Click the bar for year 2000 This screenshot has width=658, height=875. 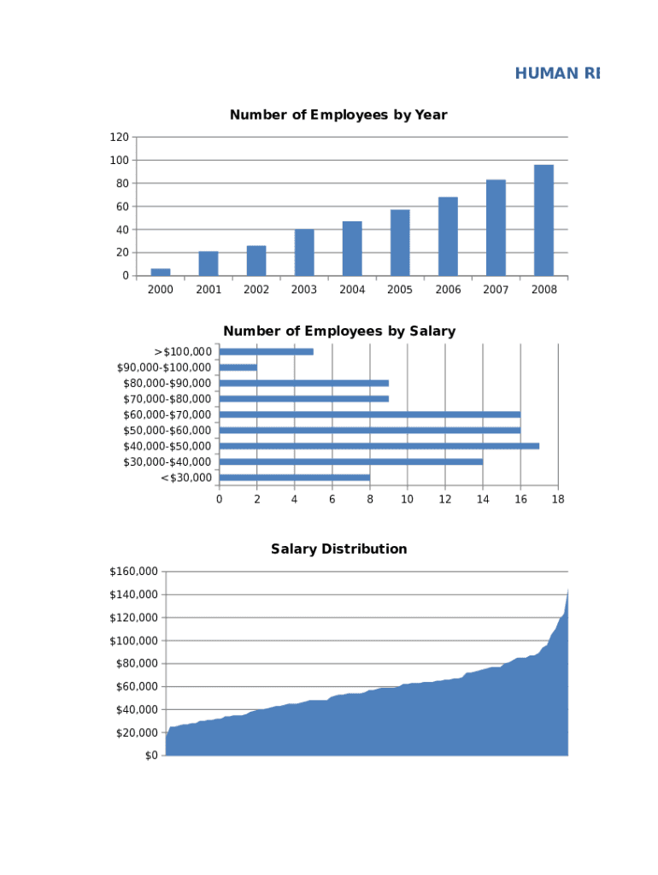point(161,272)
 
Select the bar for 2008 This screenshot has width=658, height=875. point(543,220)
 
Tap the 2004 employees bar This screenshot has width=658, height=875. point(352,249)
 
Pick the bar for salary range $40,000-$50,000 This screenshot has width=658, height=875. point(379,446)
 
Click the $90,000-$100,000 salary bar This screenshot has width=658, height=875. point(238,367)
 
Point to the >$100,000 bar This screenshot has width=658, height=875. point(267,351)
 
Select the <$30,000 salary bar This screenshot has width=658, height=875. point(295,478)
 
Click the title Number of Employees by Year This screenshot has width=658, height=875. point(338,115)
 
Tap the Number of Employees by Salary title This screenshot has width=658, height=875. point(339,331)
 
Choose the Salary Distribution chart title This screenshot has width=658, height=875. point(338,549)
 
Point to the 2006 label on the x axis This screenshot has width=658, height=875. point(448,290)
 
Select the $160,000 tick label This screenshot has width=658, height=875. point(133,572)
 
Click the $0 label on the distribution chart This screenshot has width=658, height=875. point(150,756)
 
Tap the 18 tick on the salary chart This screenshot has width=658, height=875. point(558,499)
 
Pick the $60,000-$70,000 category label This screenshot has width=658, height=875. point(167,414)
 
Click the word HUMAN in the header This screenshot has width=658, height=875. point(546,73)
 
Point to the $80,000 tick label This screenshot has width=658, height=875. point(137,664)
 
